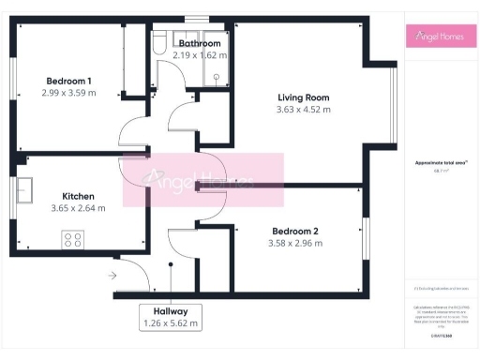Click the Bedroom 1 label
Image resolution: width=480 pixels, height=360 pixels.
coord(68,81)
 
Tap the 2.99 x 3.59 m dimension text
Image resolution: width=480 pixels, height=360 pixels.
coord(68,93)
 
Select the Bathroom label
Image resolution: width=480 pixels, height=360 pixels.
coord(200,43)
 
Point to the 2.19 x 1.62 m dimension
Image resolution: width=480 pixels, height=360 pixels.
coord(200,55)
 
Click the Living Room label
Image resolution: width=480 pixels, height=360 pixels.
coord(304,97)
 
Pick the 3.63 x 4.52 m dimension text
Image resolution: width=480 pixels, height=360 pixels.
coord(304,110)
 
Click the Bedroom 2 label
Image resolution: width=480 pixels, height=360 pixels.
coord(296,231)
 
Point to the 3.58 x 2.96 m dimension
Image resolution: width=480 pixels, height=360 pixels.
coord(296,243)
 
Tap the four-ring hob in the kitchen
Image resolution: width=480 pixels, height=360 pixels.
coord(72,240)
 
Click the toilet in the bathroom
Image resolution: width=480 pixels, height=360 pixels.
coord(159,44)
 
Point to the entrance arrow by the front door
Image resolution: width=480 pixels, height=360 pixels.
coord(112,276)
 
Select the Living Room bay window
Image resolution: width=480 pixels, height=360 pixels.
coord(394,98)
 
